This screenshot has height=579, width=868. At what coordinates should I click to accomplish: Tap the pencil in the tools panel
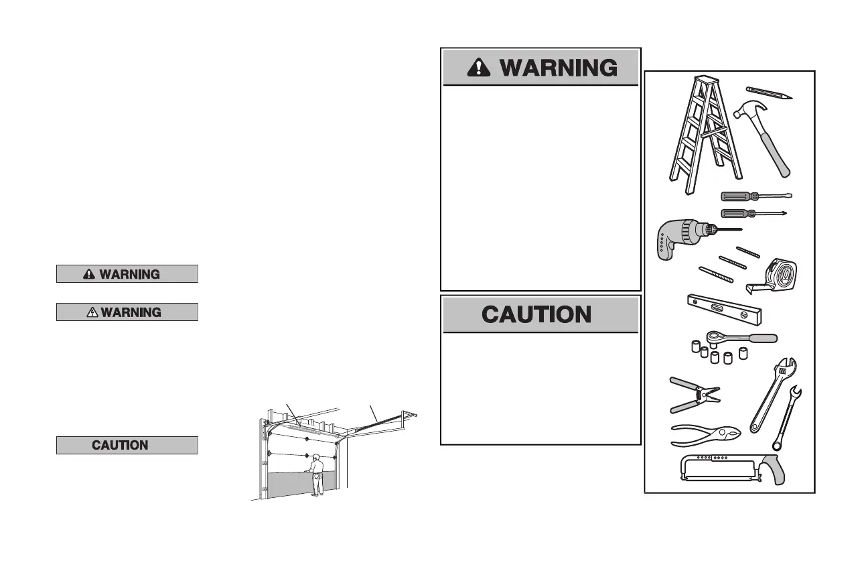(770, 92)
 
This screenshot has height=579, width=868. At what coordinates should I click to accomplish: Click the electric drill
(683, 238)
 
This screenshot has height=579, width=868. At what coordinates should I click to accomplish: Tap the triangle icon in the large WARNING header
(479, 67)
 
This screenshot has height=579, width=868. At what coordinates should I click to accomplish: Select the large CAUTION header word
(536, 314)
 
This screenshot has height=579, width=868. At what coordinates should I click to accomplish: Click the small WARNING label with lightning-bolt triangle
(127, 312)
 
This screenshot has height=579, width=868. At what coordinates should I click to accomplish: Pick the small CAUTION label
(127, 445)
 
